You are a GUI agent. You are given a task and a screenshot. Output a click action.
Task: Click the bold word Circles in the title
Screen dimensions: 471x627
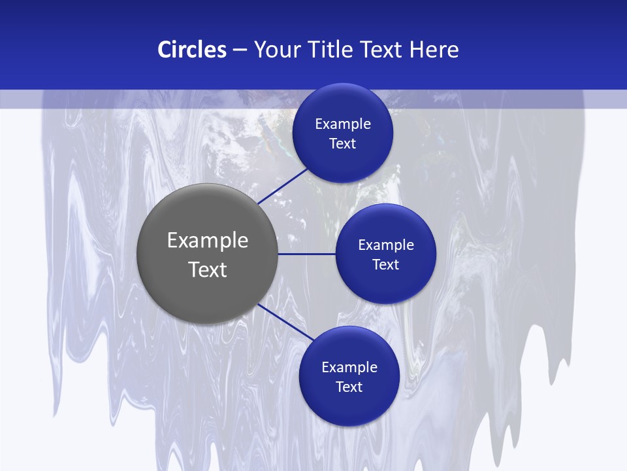click(191, 50)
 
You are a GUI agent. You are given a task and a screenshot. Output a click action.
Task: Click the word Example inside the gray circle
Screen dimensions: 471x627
click(208, 240)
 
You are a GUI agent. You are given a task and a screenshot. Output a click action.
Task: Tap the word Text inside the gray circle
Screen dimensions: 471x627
click(208, 270)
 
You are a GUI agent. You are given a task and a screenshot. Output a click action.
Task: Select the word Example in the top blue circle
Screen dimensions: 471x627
click(343, 124)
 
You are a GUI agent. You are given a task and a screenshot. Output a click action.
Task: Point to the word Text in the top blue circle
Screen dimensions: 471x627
click(342, 144)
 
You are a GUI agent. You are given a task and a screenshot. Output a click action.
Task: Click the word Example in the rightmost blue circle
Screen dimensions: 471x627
click(386, 245)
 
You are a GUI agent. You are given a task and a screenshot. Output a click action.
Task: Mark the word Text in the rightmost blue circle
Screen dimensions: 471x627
click(385, 265)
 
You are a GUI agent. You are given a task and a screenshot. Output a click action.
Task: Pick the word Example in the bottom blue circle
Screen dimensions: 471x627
click(349, 368)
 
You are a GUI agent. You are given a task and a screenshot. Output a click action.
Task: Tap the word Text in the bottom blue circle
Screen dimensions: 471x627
click(349, 387)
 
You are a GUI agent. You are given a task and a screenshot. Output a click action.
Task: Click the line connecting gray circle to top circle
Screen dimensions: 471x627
click(282, 186)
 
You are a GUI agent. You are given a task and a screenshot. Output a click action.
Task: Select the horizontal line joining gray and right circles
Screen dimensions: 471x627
click(306, 254)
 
